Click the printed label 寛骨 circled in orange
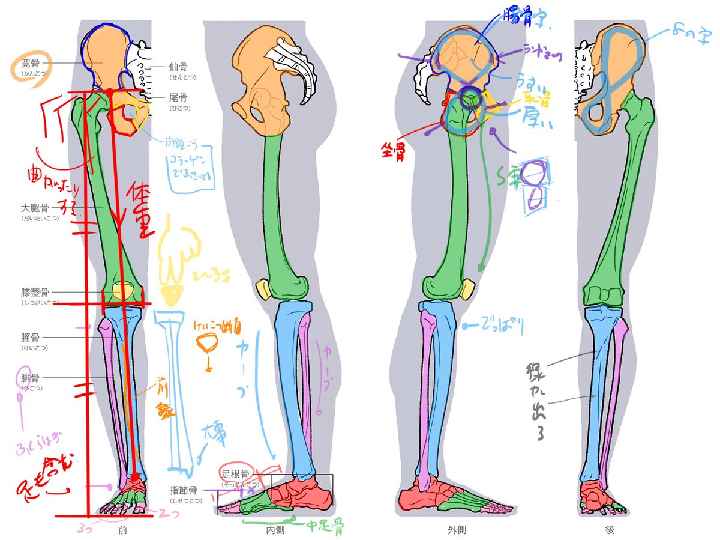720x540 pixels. click(x=28, y=62)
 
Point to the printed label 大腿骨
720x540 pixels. click(x=35, y=208)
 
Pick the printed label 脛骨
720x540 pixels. click(x=31, y=337)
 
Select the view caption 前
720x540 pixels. click(x=122, y=530)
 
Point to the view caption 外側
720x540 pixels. click(x=457, y=530)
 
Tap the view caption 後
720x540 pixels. click(x=610, y=530)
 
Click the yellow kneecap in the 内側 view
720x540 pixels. click(x=263, y=288)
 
